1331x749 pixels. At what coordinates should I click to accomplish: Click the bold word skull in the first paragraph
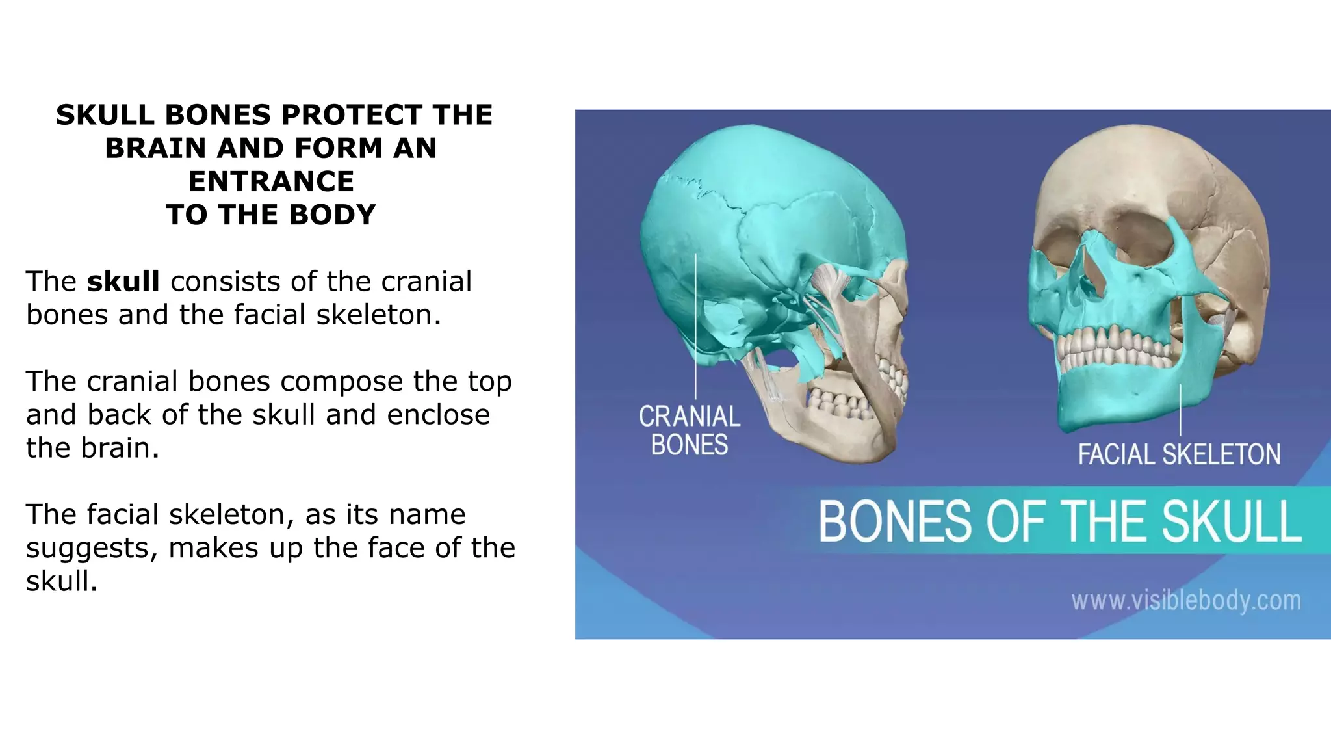[123, 282]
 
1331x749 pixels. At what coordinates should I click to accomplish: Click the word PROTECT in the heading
[352, 115]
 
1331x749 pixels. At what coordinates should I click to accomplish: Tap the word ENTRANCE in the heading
[271, 181]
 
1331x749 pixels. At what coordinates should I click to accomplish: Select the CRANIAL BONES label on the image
[689, 430]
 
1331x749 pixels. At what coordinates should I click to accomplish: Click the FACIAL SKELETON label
[1179, 454]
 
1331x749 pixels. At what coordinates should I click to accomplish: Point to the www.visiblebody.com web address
[1186, 600]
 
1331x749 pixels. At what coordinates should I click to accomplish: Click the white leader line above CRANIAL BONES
[695, 325]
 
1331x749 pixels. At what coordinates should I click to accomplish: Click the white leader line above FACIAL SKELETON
[1181, 410]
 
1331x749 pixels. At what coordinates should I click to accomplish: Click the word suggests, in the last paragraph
[92, 548]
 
